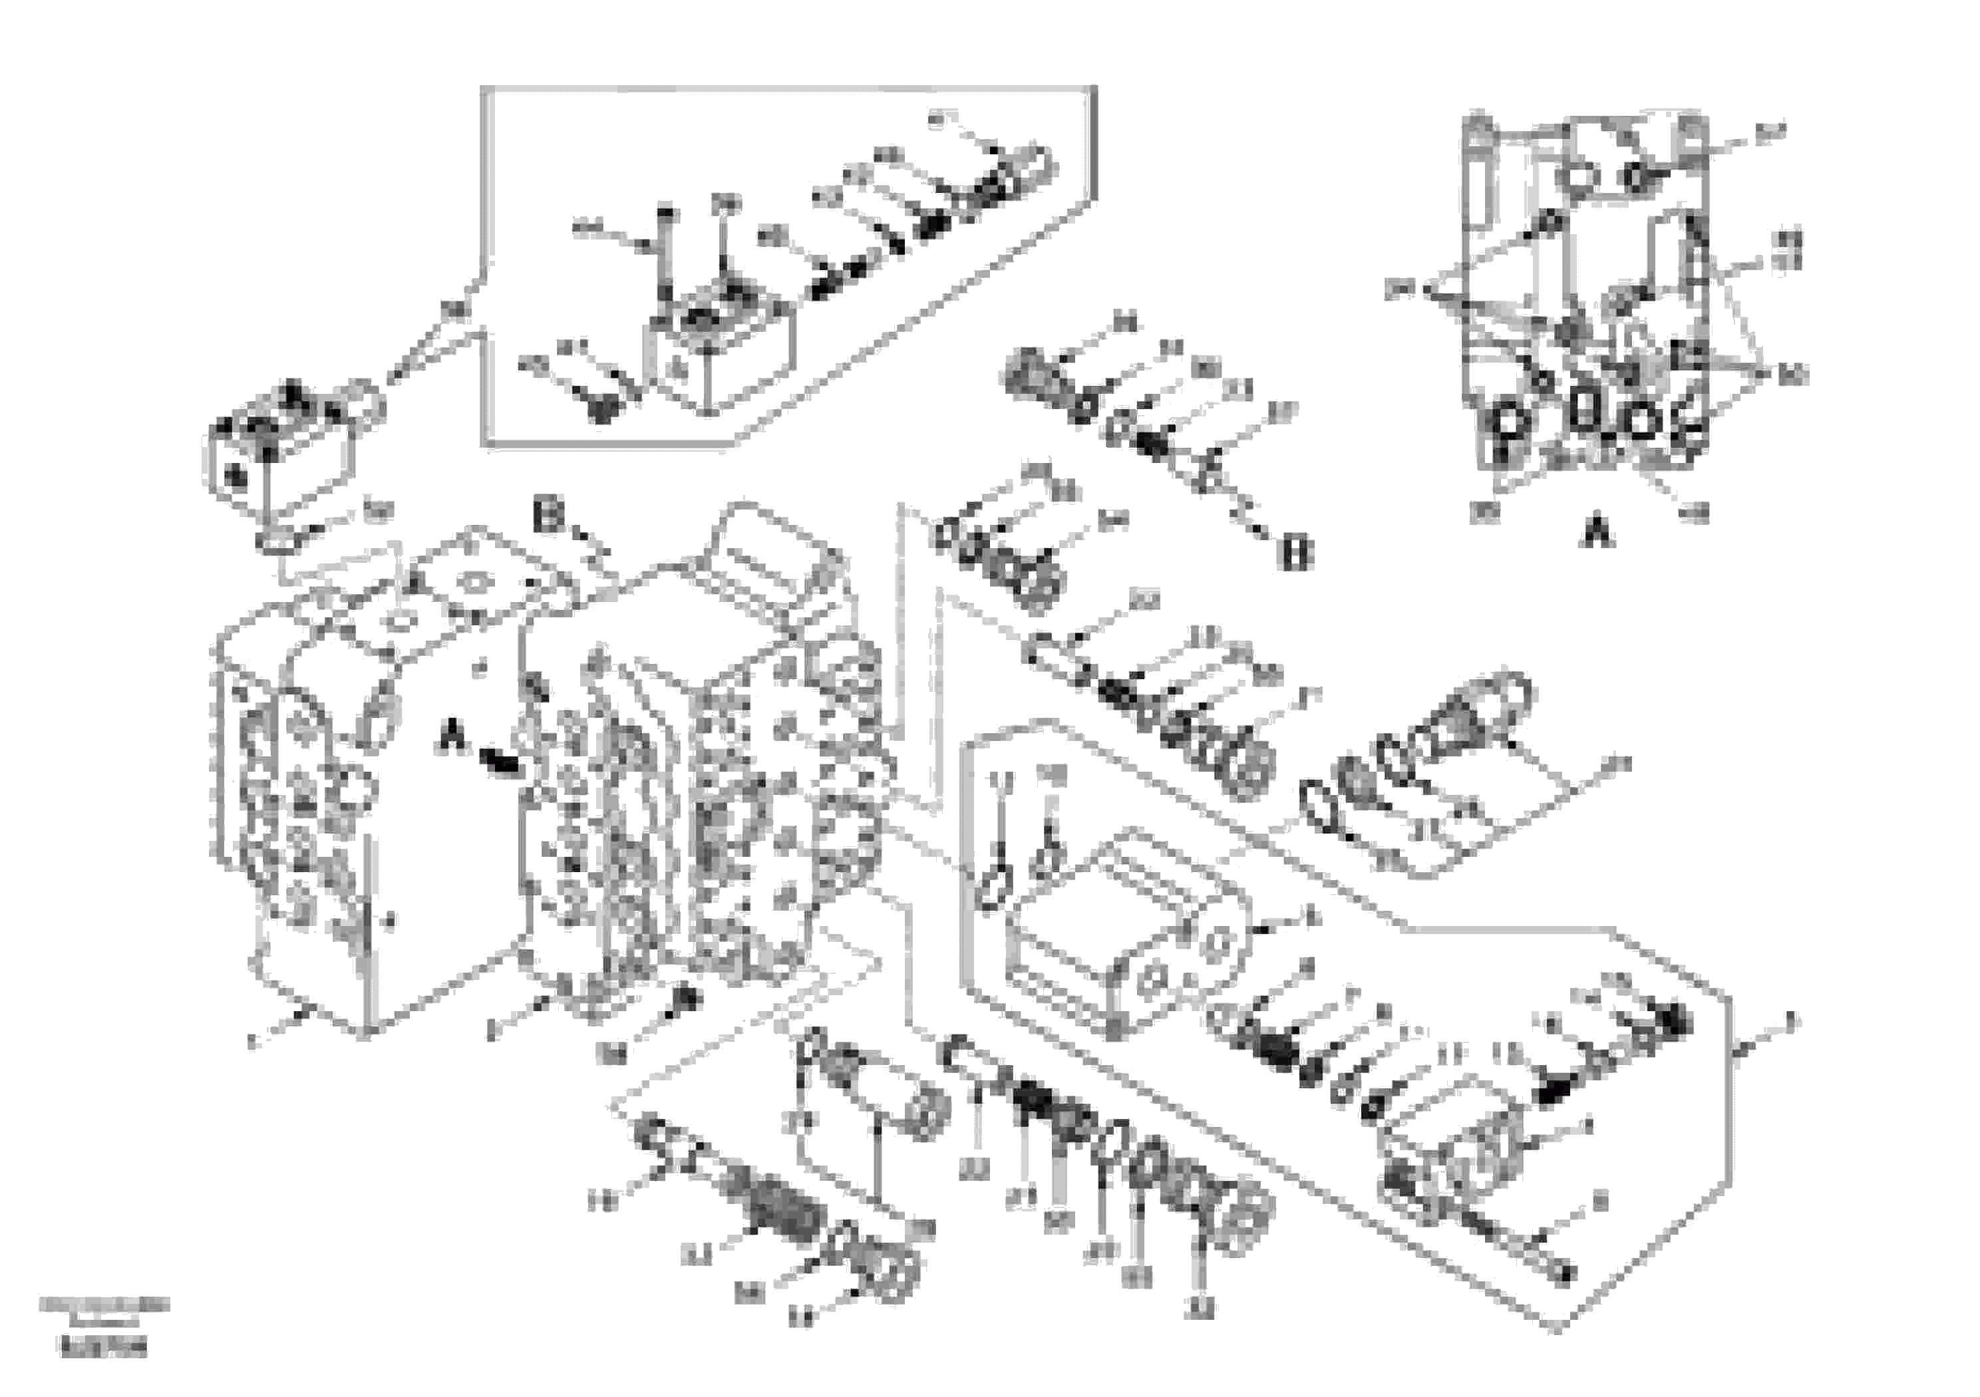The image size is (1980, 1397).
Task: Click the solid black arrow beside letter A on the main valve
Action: click(500, 760)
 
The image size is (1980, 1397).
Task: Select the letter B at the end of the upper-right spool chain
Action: click(1296, 552)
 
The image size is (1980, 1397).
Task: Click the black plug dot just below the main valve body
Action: click(685, 998)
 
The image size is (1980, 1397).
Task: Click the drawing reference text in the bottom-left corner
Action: click(104, 1324)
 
